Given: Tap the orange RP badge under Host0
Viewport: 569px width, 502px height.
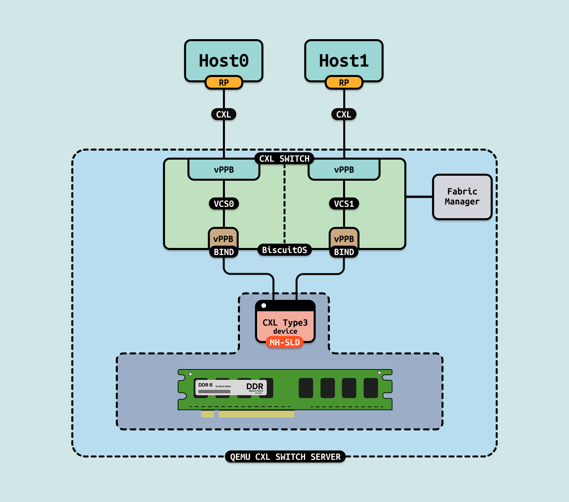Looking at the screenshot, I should tap(224, 83).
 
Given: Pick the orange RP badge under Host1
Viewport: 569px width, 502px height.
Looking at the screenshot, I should tap(344, 83).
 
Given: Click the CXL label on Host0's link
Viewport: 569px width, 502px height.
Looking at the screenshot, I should tap(224, 114).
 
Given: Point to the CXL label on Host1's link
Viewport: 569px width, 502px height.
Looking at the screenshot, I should tap(344, 114).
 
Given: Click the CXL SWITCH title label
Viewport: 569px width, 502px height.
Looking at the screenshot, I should tap(284, 159).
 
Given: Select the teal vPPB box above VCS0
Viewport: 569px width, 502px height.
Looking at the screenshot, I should tap(224, 170).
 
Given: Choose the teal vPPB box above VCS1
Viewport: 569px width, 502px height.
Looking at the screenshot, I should tap(344, 170).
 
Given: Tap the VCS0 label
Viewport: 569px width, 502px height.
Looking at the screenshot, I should tap(224, 203).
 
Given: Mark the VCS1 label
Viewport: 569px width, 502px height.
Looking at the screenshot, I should tap(344, 203).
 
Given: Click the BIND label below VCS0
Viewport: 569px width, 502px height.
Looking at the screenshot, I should tap(224, 252).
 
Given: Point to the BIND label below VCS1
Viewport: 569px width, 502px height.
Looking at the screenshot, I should tap(344, 252).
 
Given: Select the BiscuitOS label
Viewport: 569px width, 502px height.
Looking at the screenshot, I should tap(284, 250).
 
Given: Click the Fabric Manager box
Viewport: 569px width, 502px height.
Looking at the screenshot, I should tap(462, 197).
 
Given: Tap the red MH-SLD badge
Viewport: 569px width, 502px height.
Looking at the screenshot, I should tap(284, 342).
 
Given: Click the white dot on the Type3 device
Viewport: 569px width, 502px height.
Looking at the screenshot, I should tap(264, 306).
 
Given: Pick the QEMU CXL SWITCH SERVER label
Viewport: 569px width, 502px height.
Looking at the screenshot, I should tap(285, 457).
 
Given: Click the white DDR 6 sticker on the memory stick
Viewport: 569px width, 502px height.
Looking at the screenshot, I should tap(231, 388).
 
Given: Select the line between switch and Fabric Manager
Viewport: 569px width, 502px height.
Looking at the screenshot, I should tap(419, 197).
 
